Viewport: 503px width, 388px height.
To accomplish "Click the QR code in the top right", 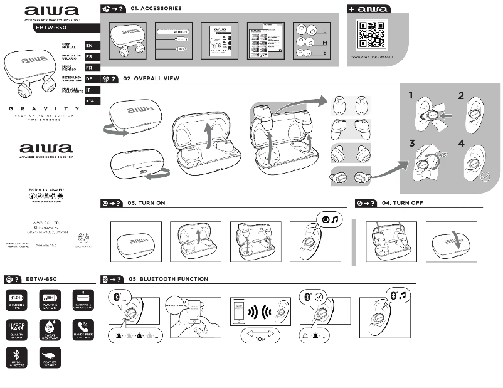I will pyautogui.click(x=371, y=35).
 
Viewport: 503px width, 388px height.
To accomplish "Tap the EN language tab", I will pyautogui.click(x=89, y=46).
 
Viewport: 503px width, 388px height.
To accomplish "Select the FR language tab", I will pyautogui.click(x=89, y=67).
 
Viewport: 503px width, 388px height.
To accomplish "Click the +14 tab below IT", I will pyautogui.click(x=90, y=101).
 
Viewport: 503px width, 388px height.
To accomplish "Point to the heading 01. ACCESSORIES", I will pyautogui.click(x=156, y=9).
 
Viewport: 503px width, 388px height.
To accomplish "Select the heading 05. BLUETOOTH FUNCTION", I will pyautogui.click(x=167, y=279).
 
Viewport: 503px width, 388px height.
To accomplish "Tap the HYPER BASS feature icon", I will pyautogui.click(x=16, y=328).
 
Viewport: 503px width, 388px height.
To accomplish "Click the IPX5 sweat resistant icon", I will pyautogui.click(x=50, y=328).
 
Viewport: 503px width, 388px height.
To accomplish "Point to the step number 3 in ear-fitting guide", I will pyautogui.click(x=412, y=143).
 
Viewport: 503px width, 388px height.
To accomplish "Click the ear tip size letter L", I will pyautogui.click(x=324, y=31).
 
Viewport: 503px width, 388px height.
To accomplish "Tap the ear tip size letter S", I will pyautogui.click(x=324, y=53).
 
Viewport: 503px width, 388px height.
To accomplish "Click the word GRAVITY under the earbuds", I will pyautogui.click(x=44, y=108).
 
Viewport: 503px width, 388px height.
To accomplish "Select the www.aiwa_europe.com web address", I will pyautogui.click(x=371, y=56).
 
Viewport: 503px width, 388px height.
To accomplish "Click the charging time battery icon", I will pyautogui.click(x=16, y=298).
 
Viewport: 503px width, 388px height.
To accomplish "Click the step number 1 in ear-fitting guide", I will pyautogui.click(x=411, y=95).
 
